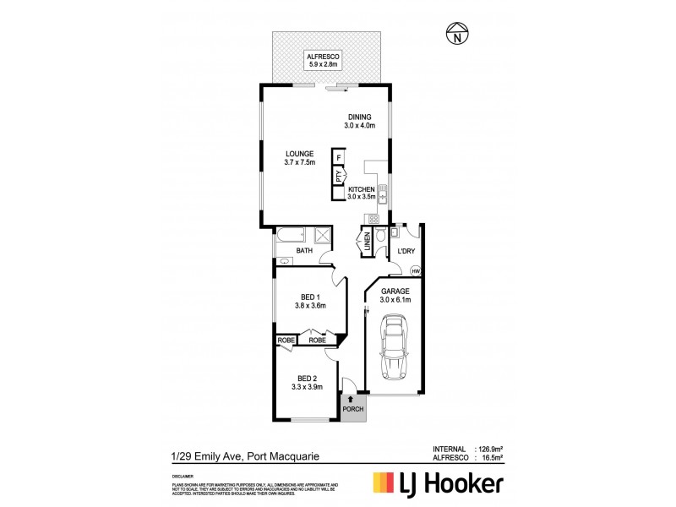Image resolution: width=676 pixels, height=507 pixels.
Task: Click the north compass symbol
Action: pos(457,35)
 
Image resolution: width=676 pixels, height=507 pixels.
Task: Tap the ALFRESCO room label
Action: pos(323,57)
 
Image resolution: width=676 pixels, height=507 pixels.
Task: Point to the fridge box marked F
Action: pos(339,158)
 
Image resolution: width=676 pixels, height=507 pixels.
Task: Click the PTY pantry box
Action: pos(339,177)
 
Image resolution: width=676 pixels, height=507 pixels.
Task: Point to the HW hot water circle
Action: pos(415,270)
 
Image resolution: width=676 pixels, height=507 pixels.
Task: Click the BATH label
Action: pos(303,252)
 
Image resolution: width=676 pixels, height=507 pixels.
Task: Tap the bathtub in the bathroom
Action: pos(292,237)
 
